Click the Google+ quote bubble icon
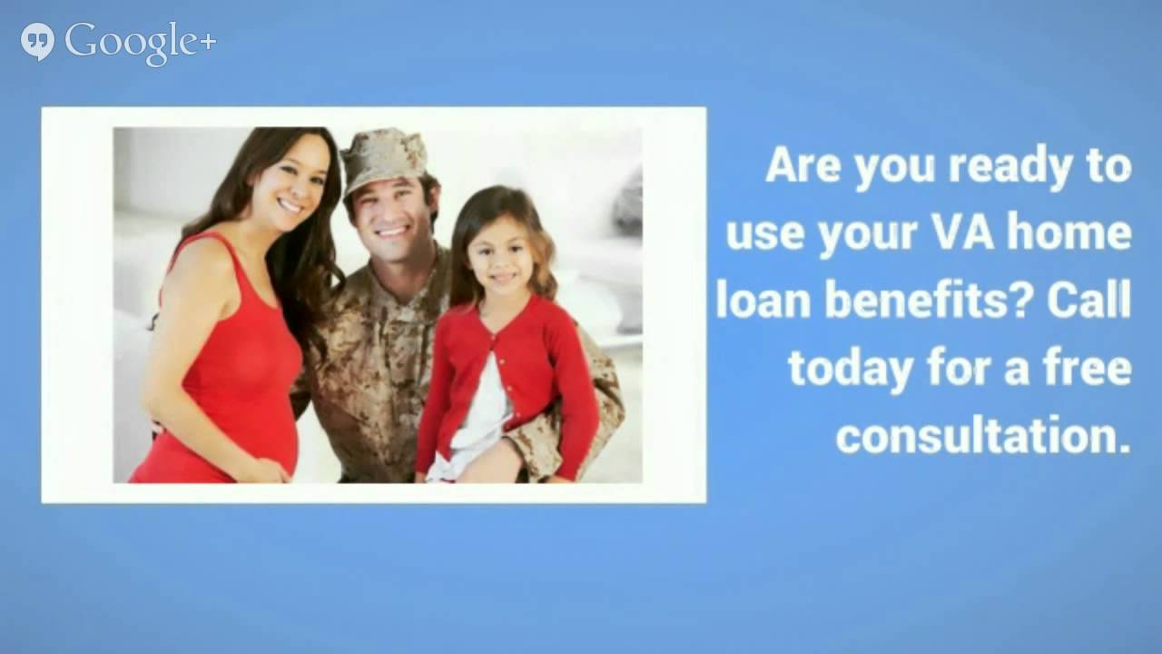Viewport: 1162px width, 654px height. [37, 42]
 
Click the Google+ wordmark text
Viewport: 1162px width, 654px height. [141, 42]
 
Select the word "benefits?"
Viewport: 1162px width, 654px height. [927, 302]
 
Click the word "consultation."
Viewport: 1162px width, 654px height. [983, 437]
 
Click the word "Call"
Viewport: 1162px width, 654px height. [1088, 302]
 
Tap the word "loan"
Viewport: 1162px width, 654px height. [764, 302]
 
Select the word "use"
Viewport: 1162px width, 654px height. [765, 234]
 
